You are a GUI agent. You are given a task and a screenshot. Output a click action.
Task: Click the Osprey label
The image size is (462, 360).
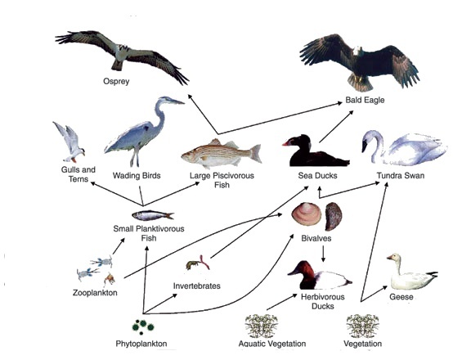coord(116,81)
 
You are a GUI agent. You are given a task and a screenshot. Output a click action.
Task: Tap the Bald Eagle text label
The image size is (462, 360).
coord(365,100)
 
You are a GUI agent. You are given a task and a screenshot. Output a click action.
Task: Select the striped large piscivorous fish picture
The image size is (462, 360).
coord(222,154)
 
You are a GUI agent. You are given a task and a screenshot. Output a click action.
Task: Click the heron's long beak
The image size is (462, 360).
coord(176,101)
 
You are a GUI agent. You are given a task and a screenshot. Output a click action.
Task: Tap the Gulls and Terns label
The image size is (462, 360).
coord(78,174)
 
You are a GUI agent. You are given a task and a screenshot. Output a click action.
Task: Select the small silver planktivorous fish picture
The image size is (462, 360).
coord(153,215)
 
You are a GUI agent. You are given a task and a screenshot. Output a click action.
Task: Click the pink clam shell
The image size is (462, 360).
coord(307,214)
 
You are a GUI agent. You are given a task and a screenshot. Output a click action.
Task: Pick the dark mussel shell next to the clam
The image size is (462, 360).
coord(334,216)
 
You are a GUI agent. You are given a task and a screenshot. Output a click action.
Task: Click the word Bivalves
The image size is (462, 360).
coord(316,238)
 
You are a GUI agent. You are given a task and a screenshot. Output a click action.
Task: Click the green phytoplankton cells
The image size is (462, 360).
coord(143,326)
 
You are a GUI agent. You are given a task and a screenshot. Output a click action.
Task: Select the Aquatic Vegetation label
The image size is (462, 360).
coord(272,344)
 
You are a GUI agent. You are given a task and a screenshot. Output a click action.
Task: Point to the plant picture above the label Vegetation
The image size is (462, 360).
coord(363,326)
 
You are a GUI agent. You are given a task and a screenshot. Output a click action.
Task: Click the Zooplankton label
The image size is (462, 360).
coord(95,293)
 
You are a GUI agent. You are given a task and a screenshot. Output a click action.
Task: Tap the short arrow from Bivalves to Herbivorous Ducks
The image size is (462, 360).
coord(323,254)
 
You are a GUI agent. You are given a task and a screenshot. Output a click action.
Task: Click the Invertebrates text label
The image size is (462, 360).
coord(197,286)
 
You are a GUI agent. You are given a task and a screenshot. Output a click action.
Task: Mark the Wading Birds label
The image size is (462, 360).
coord(137,176)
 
